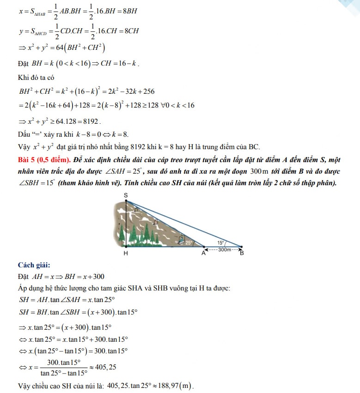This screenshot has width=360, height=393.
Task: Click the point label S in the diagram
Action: tap(126, 196)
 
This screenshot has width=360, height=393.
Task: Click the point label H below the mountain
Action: tap(126, 254)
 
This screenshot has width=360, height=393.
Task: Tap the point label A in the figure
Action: tap(203, 252)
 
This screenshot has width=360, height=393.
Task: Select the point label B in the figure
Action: tap(242, 253)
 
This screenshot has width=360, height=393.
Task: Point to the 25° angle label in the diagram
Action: tap(189, 242)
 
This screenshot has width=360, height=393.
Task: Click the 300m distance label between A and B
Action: tap(225, 250)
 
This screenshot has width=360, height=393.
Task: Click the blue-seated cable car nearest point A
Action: tap(183, 240)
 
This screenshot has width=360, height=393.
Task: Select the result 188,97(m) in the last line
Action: tap(175, 386)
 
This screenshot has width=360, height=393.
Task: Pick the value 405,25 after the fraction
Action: tap(105, 368)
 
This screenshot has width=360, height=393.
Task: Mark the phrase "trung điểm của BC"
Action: tap(231, 147)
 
